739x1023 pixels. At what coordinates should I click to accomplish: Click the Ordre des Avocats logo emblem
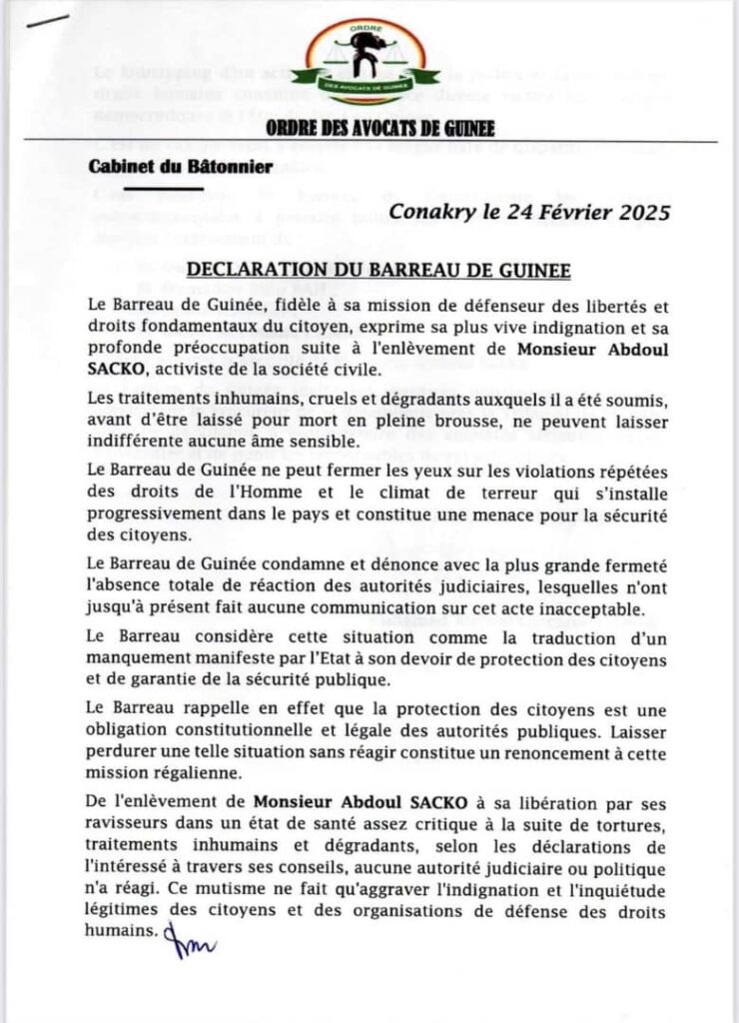[x=370, y=62]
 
